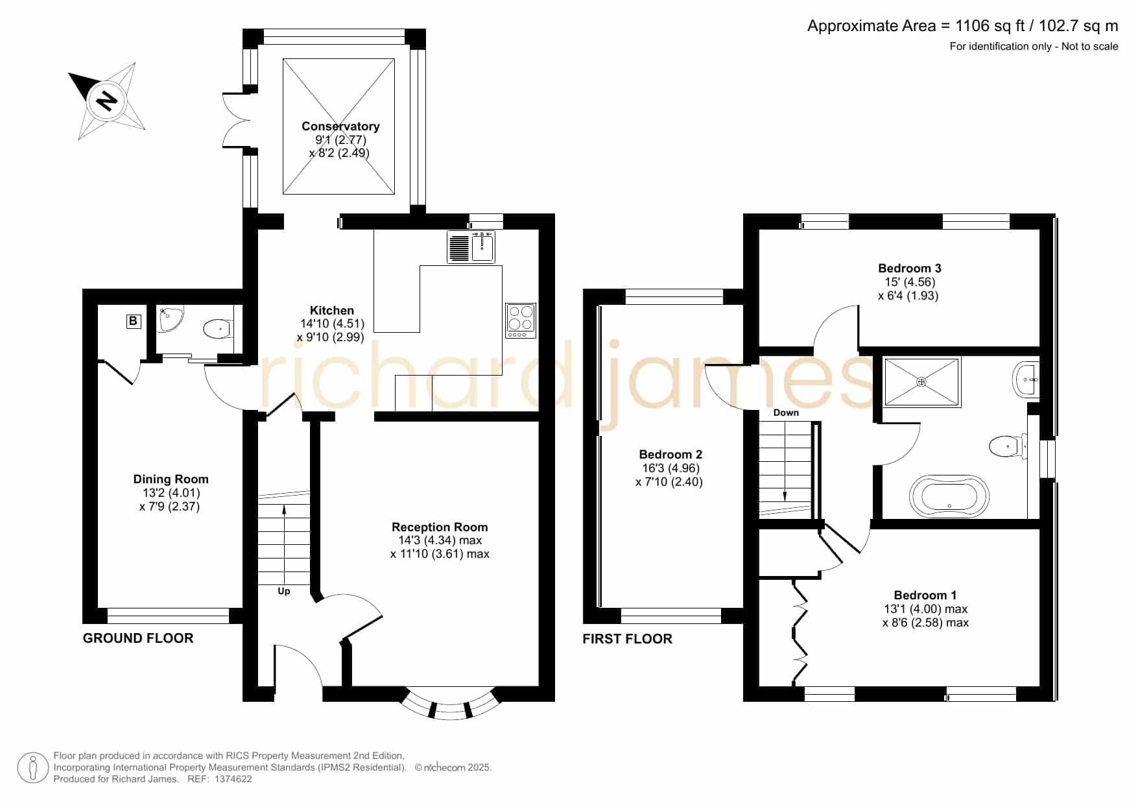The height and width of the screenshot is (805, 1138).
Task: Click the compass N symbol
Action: coord(106,101)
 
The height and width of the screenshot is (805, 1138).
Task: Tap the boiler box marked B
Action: coord(133,321)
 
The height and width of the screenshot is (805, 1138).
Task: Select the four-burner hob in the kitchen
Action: coord(521,320)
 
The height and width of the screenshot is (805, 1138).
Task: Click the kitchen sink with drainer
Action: coord(471,247)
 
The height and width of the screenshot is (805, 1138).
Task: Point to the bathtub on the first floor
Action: coord(950,497)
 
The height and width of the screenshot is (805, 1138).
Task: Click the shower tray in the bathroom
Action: coord(921,382)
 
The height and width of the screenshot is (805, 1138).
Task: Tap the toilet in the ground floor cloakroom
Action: coord(219,330)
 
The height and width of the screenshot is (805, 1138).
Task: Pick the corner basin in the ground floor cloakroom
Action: coord(171,319)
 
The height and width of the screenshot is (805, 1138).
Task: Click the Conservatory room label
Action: coord(340,126)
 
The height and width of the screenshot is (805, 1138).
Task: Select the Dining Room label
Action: coord(171,479)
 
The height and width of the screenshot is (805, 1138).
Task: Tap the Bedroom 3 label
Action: coord(910,269)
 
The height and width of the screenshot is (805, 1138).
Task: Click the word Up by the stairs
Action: coord(284,592)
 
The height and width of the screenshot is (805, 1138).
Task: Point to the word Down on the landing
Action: coord(786,413)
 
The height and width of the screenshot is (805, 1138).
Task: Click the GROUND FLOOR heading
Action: coord(138,638)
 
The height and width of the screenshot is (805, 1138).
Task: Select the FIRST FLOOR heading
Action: coord(628,639)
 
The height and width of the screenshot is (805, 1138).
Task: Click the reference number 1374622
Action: coord(228,779)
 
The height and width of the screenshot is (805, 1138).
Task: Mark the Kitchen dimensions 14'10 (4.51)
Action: coord(332,324)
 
